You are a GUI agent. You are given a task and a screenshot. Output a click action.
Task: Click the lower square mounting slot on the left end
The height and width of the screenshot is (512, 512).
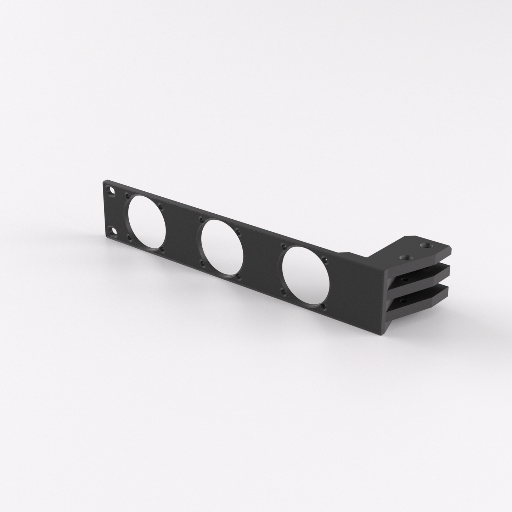pyautogui.click(x=113, y=231)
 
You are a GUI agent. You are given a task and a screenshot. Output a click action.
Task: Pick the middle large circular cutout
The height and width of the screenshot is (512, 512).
pyautogui.click(x=222, y=248)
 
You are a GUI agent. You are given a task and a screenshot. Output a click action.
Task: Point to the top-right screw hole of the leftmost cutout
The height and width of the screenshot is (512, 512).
pyautogui.click(x=160, y=205)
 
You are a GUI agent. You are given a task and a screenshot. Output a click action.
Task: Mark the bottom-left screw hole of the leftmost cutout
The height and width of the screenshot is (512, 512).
pyautogui.click(x=129, y=237)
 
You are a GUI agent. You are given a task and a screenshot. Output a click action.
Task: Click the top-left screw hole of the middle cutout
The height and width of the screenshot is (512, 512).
pyautogui.click(x=201, y=219)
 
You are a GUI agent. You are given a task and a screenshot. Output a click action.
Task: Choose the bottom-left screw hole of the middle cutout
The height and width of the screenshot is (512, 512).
pyautogui.click(x=202, y=263)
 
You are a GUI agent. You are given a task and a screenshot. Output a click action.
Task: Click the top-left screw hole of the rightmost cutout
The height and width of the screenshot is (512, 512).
pyautogui.click(x=283, y=245)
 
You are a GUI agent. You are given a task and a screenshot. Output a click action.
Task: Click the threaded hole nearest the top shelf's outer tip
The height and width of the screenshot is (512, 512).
pyautogui.click(x=424, y=245)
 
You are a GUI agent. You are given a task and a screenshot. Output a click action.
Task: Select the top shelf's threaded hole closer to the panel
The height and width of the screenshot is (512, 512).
pyautogui.click(x=404, y=257)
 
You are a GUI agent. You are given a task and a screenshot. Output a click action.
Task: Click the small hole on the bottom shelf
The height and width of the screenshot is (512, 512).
pyautogui.click(x=403, y=301)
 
